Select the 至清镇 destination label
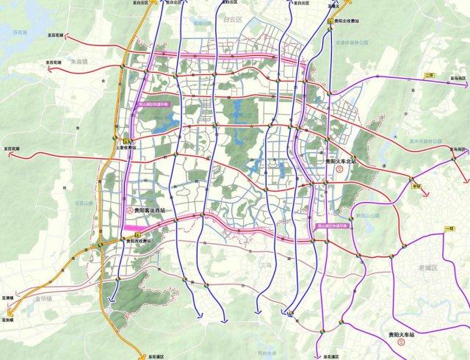[9, 311]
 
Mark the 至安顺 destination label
[9, 321]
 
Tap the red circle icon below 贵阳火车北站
[339, 170]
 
